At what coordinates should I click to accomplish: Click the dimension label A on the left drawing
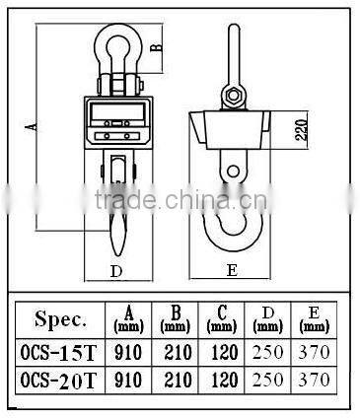tap(31, 125)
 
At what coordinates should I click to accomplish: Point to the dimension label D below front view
tap(115, 269)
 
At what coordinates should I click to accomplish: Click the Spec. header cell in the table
tap(61, 319)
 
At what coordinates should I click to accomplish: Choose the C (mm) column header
tap(223, 318)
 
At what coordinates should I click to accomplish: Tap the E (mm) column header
tap(314, 318)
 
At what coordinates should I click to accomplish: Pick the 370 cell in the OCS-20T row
tap(314, 380)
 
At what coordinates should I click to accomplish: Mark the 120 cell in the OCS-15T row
tap(223, 352)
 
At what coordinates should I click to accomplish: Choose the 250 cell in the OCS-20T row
tap(269, 380)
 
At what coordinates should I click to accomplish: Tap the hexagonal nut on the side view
tap(233, 96)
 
